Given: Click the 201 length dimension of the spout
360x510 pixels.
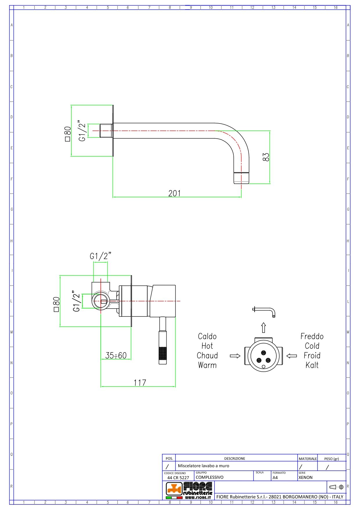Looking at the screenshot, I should (174, 193).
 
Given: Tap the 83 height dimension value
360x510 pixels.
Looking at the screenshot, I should (266, 157).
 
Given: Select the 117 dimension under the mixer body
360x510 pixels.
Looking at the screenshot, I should (140, 382).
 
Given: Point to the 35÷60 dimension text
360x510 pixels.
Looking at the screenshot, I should (116, 355).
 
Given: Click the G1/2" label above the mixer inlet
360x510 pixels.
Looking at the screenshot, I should (100, 256).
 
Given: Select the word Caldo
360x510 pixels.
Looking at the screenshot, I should (207, 337).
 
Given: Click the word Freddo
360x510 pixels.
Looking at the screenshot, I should (312, 337).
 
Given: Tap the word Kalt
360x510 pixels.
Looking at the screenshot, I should (312, 365).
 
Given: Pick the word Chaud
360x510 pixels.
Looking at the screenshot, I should (207, 356).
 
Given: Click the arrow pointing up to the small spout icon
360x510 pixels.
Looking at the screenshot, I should (263, 328).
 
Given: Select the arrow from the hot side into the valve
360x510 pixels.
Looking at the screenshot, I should (235, 356).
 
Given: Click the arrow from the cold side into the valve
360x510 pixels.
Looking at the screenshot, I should (291, 356).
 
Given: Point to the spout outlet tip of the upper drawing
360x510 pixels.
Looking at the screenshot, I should (241, 178).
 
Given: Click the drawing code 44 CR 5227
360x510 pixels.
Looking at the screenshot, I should (178, 477).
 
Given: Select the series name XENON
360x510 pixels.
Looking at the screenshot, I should (305, 477).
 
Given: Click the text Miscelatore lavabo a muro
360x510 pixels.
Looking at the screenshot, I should (204, 466).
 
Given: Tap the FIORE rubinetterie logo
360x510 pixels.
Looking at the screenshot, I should (189, 490).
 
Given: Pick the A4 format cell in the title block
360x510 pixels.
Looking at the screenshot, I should (275, 477).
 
